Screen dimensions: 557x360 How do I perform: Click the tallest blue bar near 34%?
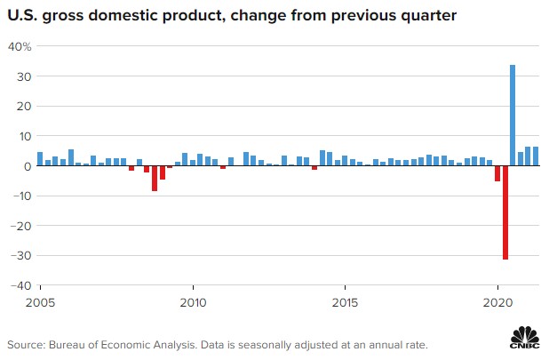513,116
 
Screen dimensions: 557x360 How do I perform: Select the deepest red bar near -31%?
505,212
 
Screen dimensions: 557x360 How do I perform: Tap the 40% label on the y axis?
20,46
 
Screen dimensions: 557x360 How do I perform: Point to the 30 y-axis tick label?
24,76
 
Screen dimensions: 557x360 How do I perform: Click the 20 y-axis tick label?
24,107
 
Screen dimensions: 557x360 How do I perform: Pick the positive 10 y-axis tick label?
25,136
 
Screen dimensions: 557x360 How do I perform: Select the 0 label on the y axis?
28,166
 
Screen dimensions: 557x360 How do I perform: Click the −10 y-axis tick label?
21,196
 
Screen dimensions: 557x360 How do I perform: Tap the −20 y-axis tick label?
21,226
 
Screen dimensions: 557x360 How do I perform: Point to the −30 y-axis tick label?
21,255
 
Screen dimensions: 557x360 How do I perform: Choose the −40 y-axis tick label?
21,285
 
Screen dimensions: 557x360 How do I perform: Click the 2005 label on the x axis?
41,303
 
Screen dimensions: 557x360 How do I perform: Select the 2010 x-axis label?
193,303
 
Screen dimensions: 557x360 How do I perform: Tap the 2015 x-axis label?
345,303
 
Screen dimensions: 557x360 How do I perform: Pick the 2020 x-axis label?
497,303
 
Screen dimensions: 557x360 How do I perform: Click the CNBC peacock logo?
525,337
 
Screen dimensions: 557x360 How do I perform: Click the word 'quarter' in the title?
428,16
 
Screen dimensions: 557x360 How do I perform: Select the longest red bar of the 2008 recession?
155,179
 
